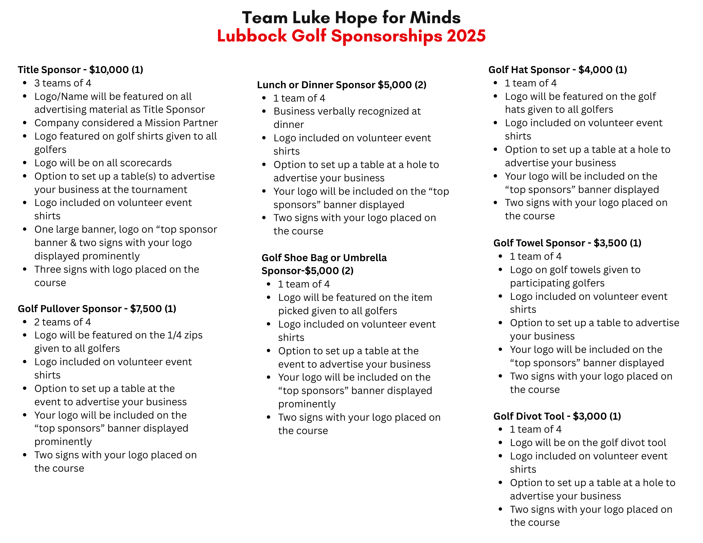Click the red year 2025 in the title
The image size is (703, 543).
coord(466,36)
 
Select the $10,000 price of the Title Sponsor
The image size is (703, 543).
coord(109,70)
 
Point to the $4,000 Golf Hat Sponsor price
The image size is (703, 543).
coord(595,70)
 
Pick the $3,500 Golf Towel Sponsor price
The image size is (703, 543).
coord(610,243)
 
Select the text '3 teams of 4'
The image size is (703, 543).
coord(63,83)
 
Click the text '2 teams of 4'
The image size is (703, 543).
coord(63,322)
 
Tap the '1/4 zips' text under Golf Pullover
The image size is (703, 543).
coord(185,335)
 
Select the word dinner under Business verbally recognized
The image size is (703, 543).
coord(289,124)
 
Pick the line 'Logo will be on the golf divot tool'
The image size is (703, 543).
coord(588,442)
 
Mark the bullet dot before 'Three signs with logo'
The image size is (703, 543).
coord(25,269)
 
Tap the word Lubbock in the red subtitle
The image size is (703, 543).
coord(252,36)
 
